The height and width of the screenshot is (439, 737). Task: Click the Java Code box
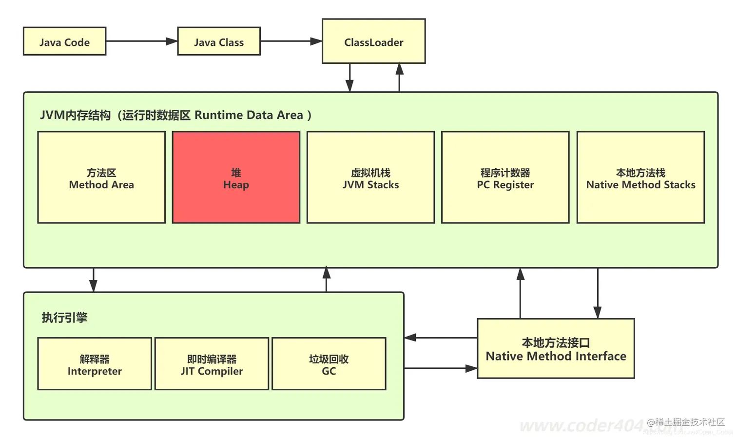64,41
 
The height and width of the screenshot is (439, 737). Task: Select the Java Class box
219,41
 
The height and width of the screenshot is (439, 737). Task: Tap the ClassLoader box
373,41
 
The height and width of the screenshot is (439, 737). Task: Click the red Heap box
236,178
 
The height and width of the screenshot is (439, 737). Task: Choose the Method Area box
101,178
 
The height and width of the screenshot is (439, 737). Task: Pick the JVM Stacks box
370,178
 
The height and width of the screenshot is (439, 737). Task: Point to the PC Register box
505,178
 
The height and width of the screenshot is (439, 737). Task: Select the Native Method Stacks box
640,178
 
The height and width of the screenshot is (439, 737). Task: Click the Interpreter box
95,364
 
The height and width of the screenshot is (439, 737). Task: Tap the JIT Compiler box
212,364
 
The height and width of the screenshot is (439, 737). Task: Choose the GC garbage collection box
329,364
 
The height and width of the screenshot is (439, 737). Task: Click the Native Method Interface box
556,349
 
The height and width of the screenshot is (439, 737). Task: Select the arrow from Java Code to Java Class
141,41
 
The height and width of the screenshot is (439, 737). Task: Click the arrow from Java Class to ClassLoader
291,41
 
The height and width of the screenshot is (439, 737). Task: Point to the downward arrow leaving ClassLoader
349,78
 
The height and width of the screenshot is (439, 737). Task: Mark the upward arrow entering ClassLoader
399,78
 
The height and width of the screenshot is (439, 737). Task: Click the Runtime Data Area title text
175,115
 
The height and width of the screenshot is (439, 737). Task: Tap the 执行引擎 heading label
64,318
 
